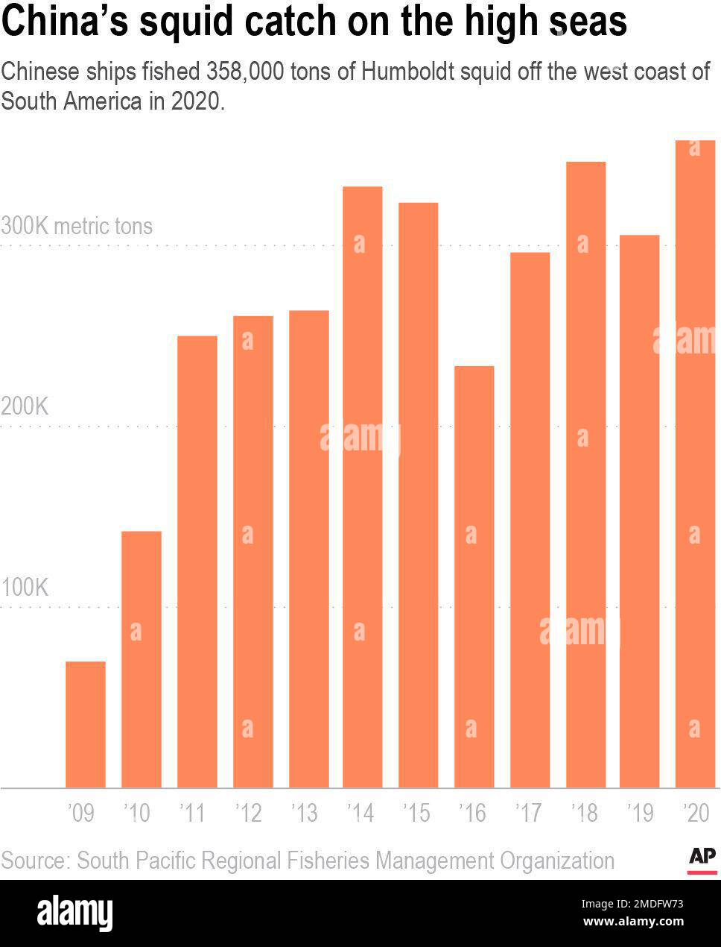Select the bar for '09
tap(86, 724)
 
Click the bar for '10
tap(142, 659)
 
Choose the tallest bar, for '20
tap(695, 464)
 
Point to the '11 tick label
tap(192, 812)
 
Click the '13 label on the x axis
tap(304, 812)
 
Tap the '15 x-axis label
tap(416, 812)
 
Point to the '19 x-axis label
tap(640, 812)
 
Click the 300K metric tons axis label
tap(77, 226)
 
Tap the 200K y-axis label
tap(25, 406)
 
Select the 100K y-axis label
tap(25, 588)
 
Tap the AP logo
tap(702, 858)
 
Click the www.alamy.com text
tap(633, 922)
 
